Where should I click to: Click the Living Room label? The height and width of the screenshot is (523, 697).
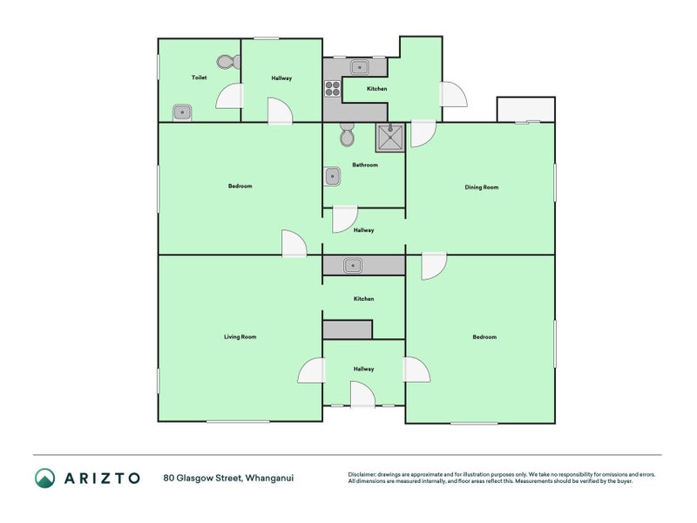240,336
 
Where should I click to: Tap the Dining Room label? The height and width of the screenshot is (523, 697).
482,187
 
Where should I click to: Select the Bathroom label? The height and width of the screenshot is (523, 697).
365,165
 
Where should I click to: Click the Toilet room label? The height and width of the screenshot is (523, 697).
200,78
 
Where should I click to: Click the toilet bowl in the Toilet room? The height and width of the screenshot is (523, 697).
228,62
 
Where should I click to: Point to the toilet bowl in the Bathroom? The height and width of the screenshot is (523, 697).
347,134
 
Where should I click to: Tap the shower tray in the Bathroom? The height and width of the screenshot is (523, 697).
390,138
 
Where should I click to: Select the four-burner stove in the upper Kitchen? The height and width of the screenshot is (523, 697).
332,89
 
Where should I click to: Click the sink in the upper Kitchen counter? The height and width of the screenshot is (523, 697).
359,68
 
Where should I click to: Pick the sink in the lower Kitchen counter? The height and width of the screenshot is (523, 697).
353,266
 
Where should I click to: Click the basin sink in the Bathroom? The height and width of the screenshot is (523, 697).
332,177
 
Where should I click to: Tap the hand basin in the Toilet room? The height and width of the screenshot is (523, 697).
182,112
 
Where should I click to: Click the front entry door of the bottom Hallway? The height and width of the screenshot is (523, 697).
362,395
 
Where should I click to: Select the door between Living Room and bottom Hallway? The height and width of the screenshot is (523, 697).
311,370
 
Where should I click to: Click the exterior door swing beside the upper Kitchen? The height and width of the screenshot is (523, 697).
453,94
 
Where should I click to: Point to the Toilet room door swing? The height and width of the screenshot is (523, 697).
229,96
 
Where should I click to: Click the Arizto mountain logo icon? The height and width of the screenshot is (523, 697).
45,478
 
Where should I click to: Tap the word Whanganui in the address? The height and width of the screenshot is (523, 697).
269,479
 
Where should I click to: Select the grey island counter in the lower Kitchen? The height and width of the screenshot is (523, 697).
348,329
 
